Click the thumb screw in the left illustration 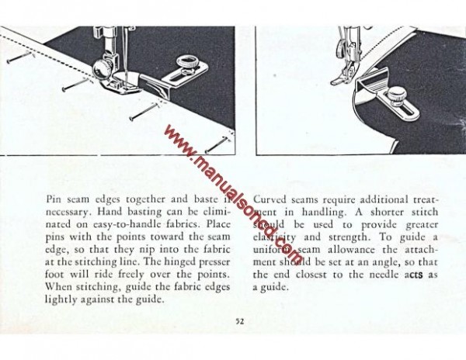(x=187, y=61)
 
